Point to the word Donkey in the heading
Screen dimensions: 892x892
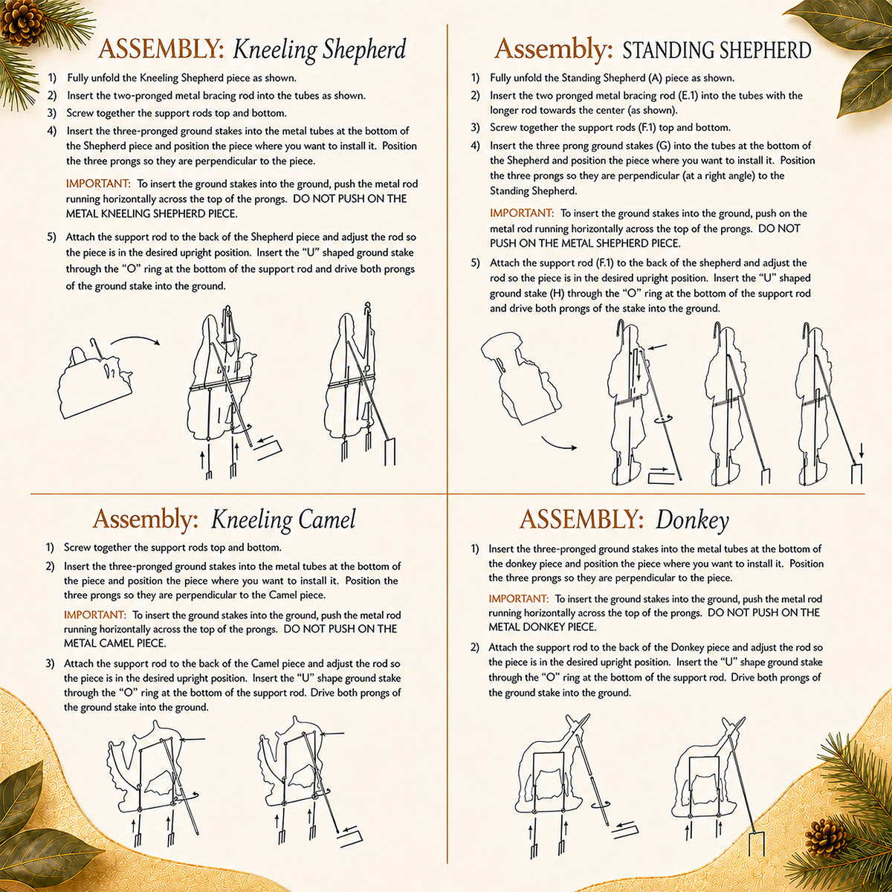[692, 521]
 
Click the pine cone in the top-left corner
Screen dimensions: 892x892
[22, 22]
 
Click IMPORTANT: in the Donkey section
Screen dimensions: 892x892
[518, 598]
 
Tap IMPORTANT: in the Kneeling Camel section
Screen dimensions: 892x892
[95, 615]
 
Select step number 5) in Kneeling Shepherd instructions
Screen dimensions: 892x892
[51, 237]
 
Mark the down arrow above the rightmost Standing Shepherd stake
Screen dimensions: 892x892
[861, 450]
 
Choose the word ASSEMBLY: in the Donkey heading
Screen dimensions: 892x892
[581, 520]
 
